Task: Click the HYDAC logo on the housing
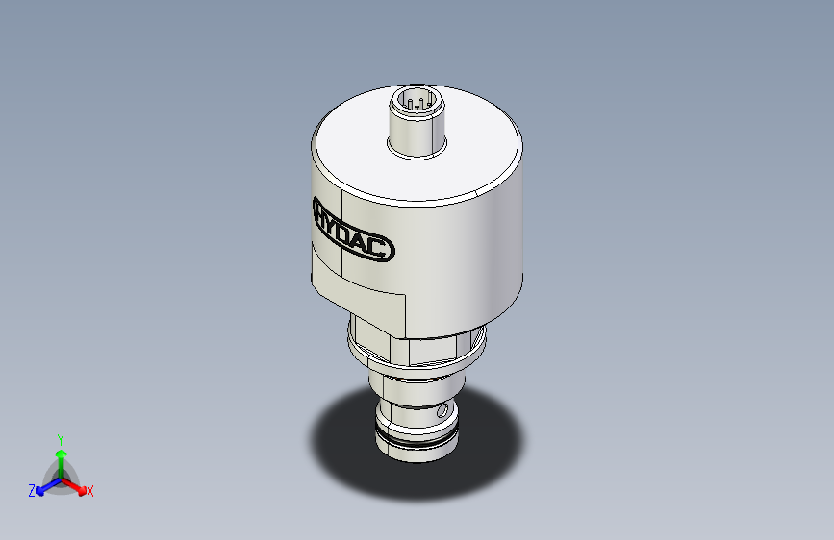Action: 353,230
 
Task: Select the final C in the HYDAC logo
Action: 384,249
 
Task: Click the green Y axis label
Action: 60,437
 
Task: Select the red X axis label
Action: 90,492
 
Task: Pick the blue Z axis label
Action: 32,491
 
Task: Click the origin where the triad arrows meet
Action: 61,478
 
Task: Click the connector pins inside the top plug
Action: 417,101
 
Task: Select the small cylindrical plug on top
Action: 417,125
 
